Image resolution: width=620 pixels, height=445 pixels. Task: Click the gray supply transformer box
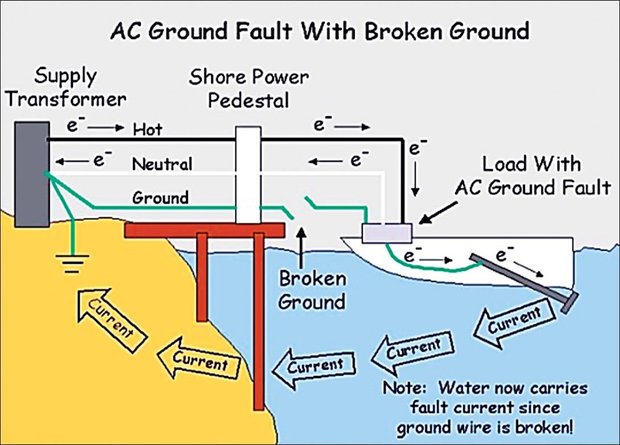point(32,174)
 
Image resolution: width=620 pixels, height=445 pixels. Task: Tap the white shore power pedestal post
point(248,175)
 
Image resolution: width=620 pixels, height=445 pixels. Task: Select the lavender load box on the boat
point(387,233)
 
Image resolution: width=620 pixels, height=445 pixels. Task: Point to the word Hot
point(147,130)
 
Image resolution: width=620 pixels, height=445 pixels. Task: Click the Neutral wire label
point(162,164)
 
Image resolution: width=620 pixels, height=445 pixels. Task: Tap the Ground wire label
point(160,198)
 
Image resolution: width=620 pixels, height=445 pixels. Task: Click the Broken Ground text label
point(312,291)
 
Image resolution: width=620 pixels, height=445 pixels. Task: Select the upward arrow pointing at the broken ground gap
point(301,247)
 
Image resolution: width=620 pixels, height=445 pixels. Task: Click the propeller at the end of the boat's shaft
point(570,303)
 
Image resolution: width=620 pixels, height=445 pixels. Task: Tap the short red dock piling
point(202,277)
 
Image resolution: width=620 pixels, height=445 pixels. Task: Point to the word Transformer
point(66,99)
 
